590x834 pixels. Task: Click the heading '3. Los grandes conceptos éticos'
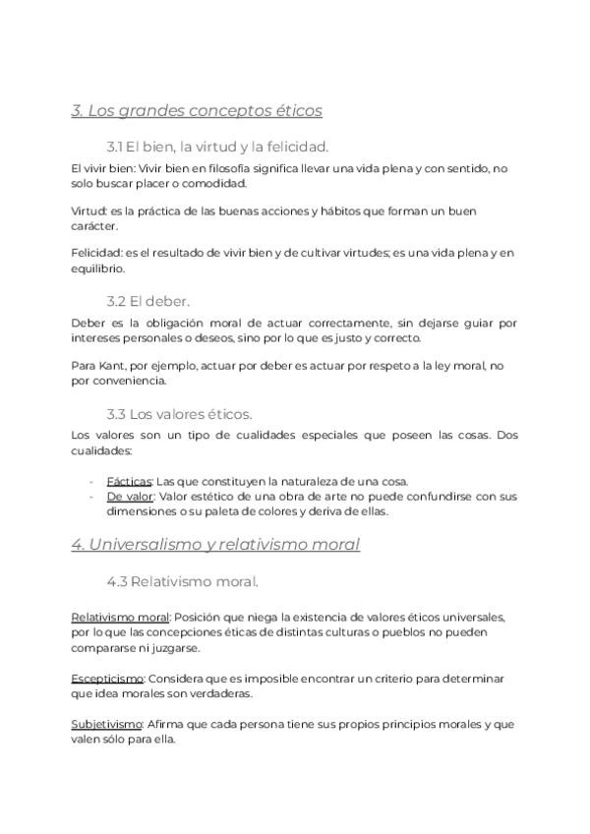[x=197, y=111]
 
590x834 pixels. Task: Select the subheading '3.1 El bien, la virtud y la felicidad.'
[x=217, y=147]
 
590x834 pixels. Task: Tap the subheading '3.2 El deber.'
[x=148, y=300]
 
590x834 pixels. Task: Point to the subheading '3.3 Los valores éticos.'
[x=179, y=414]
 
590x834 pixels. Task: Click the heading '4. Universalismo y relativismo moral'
[x=215, y=544]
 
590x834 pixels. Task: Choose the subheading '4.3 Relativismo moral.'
[x=182, y=581]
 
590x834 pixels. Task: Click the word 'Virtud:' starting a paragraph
[x=90, y=211]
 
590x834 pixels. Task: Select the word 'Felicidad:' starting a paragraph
[x=97, y=254]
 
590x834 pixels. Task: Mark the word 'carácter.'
[x=94, y=226]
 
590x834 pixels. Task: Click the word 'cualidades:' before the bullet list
[x=101, y=450]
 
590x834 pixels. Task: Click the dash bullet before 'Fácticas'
[x=91, y=481]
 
